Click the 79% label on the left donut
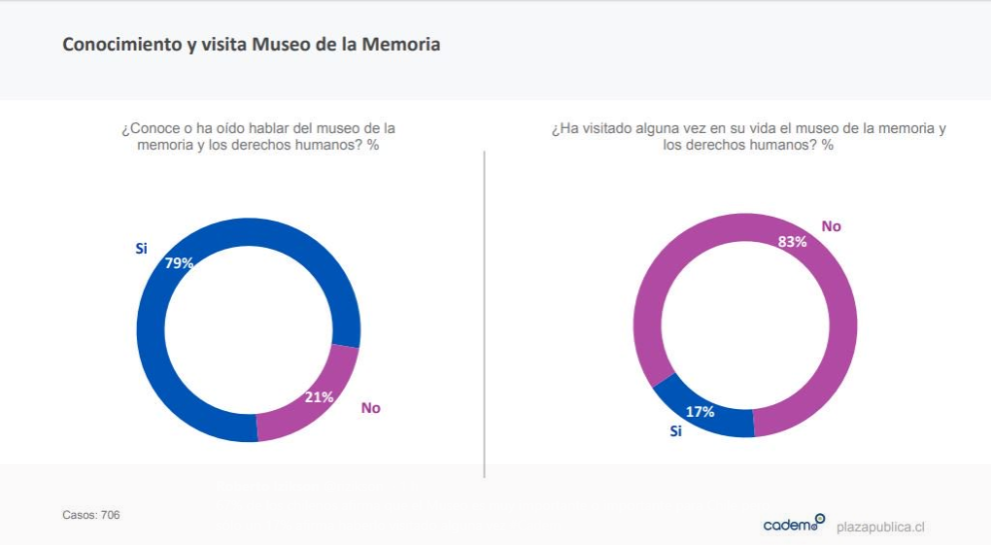180,263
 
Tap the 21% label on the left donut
319,397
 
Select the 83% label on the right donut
792,241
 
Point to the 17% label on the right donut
699,411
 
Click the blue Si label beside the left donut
141,248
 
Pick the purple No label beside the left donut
371,408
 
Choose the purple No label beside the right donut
831,226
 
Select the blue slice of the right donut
699,410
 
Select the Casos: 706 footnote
91,515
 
